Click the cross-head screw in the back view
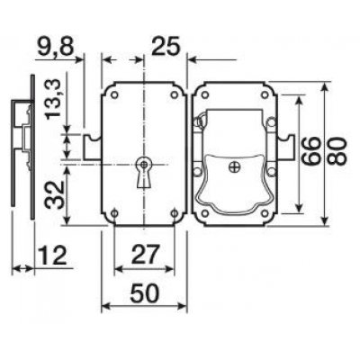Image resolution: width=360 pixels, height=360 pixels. [235, 165]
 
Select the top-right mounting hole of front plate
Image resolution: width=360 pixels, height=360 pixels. [171, 93]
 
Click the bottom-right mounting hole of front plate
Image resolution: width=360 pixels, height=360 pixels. [171, 214]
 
